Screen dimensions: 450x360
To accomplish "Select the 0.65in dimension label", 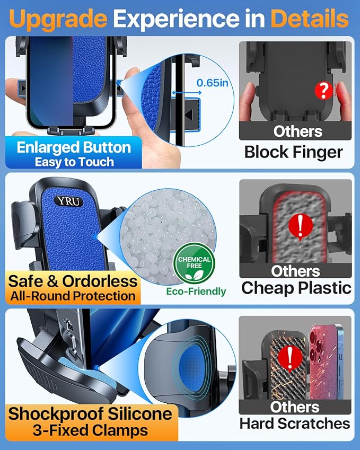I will tap(213, 83).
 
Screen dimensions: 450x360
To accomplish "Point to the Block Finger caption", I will tap(293, 153).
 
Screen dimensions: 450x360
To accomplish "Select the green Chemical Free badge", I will tap(195, 263).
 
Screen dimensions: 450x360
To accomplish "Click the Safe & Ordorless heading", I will tap(73, 280).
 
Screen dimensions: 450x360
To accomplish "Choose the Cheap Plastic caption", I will tap(296, 288).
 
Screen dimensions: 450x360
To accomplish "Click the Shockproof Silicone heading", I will tap(89, 413).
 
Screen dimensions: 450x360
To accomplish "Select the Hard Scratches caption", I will tap(295, 423).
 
